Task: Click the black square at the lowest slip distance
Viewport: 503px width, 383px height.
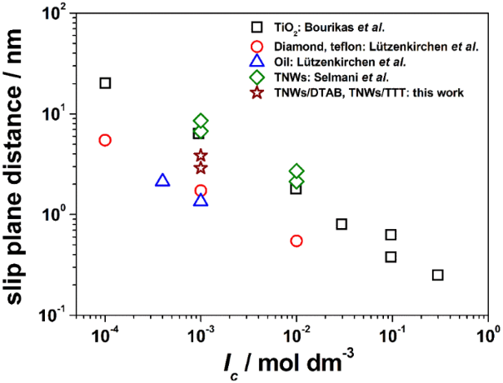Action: (x=438, y=275)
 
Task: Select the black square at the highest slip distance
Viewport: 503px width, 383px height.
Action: (x=106, y=82)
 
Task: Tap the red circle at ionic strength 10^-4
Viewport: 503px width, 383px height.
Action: (x=105, y=140)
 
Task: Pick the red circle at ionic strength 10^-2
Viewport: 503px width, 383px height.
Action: (x=296, y=241)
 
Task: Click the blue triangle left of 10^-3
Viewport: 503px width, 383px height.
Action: (x=162, y=180)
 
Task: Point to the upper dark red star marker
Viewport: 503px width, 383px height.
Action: (x=201, y=156)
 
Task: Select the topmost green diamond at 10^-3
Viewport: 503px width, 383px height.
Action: (x=201, y=122)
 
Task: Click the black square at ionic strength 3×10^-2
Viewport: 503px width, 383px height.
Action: (x=341, y=224)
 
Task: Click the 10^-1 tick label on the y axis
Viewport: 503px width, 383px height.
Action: (x=57, y=315)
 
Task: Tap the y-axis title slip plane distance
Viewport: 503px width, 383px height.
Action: (x=17, y=162)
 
